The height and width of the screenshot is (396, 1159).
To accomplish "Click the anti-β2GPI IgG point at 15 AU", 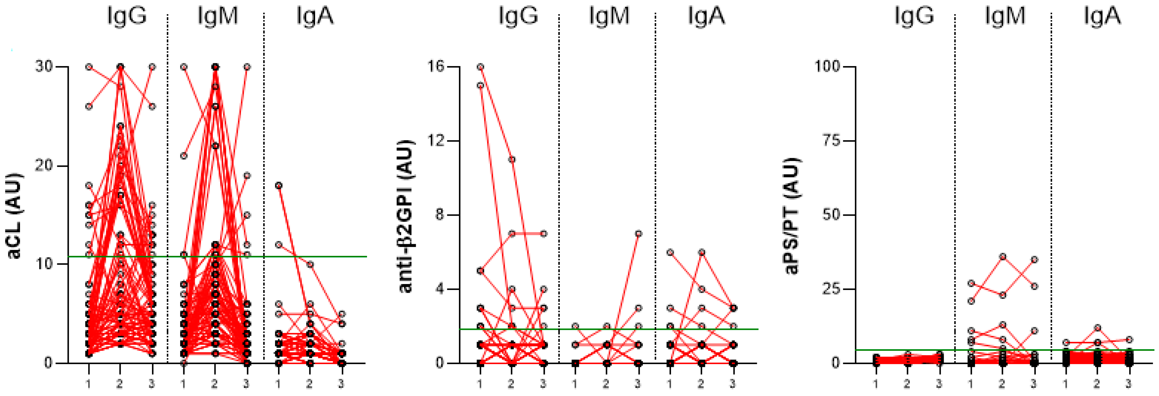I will pyautogui.click(x=480, y=85).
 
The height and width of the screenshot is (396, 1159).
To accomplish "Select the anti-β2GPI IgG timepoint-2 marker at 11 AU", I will pyautogui.click(x=512, y=159).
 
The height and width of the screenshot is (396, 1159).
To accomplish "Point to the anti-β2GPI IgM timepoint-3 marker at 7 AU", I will pyautogui.click(x=638, y=234).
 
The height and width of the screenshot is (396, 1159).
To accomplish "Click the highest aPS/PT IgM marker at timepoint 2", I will pyautogui.click(x=1003, y=257).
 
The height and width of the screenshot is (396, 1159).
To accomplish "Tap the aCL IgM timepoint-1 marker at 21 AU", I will pyautogui.click(x=184, y=156).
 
